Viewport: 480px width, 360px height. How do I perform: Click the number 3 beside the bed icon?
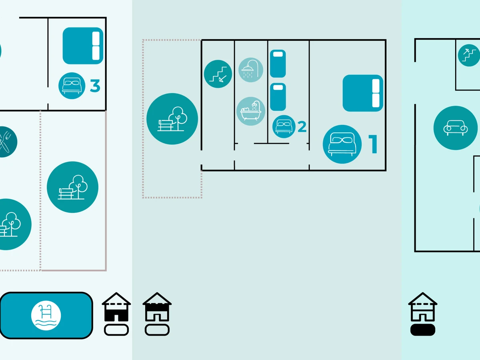[95, 86]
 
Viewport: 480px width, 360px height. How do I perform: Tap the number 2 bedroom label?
[302, 127]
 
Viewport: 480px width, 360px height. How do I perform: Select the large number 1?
[373, 144]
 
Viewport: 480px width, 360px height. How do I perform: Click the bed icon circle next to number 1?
[342, 144]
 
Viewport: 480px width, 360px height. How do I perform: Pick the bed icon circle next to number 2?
[284, 126]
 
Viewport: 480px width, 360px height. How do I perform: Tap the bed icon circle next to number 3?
[72, 86]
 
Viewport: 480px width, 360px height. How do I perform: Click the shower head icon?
[251, 70]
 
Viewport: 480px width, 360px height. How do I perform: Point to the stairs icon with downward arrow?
[218, 74]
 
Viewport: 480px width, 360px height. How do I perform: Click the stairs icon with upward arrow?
[469, 55]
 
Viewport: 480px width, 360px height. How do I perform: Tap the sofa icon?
[455, 128]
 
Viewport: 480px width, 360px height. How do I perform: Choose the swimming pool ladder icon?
[46, 315]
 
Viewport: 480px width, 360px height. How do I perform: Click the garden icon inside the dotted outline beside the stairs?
[172, 119]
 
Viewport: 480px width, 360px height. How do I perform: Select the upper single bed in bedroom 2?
[278, 64]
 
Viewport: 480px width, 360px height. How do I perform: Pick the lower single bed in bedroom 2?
[278, 97]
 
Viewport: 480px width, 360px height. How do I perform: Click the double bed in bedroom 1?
[363, 93]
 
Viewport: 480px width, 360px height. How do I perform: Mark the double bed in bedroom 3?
[83, 46]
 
